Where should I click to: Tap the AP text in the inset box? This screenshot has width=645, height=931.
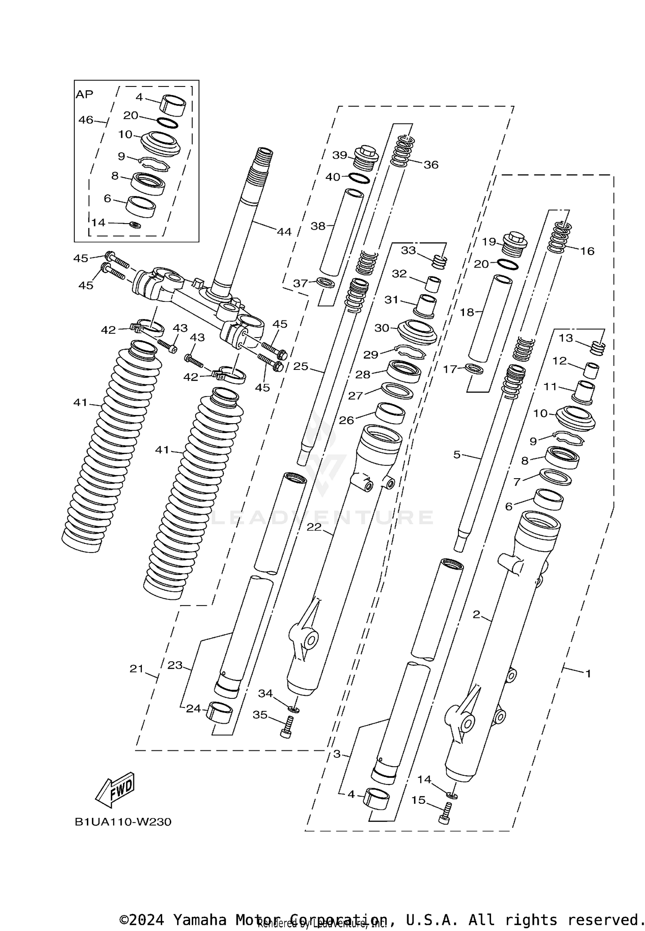click(84, 94)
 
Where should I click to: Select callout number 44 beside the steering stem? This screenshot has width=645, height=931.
click(284, 232)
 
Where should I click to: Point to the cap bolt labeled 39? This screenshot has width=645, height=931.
click(365, 158)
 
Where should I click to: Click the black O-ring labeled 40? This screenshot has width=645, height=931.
click(359, 178)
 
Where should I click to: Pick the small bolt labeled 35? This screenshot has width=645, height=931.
click(287, 727)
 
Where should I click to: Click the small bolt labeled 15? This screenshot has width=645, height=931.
click(445, 814)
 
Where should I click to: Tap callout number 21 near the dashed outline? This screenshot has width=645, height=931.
click(136, 669)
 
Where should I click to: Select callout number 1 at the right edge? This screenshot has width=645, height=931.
click(588, 673)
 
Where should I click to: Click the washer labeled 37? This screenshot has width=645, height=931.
click(326, 283)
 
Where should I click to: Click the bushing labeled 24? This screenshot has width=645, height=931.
click(219, 713)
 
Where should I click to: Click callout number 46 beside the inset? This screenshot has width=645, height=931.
click(86, 120)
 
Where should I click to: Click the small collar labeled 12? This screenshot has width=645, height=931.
click(591, 370)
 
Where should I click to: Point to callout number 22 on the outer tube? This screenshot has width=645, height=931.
click(314, 526)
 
